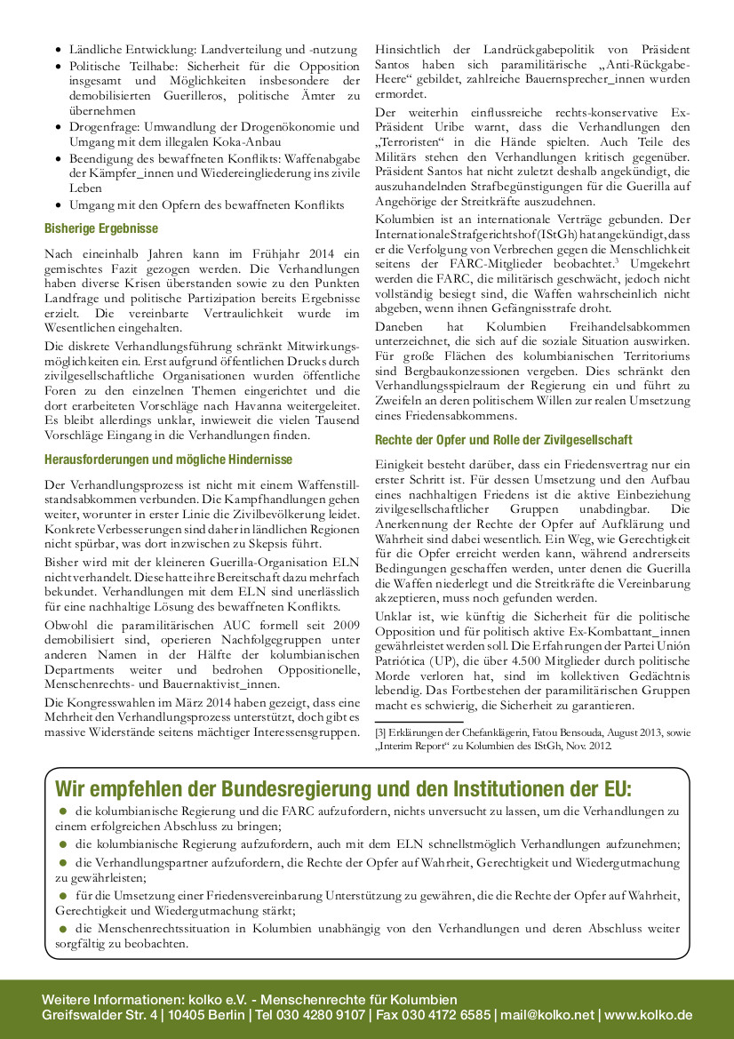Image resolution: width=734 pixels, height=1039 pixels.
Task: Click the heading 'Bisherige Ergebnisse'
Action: (101, 228)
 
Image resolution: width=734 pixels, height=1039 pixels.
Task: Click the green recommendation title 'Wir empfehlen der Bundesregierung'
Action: (343, 789)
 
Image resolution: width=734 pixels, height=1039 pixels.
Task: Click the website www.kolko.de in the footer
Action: (648, 1015)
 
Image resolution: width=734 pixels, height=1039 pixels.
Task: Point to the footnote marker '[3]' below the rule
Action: (380, 731)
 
